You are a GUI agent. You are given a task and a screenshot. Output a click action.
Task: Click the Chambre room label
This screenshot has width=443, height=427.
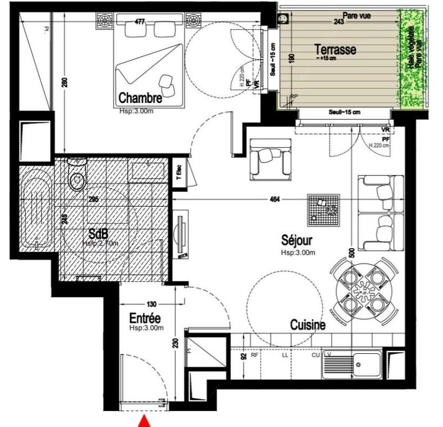tap(140, 98)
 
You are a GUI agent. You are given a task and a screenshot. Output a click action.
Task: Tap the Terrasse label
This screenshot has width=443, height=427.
tap(334, 49)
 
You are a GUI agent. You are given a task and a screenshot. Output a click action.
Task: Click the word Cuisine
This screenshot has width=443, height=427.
tap(307, 326)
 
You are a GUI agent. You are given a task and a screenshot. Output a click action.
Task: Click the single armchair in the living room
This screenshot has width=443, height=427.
tap(270, 158)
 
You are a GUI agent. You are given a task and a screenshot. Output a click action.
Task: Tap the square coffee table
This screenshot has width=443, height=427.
tap(324, 209)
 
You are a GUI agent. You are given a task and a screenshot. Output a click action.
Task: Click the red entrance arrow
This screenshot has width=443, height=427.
tap(145, 422)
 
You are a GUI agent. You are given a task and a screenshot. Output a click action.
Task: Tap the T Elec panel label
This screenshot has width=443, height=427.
tap(179, 173)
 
